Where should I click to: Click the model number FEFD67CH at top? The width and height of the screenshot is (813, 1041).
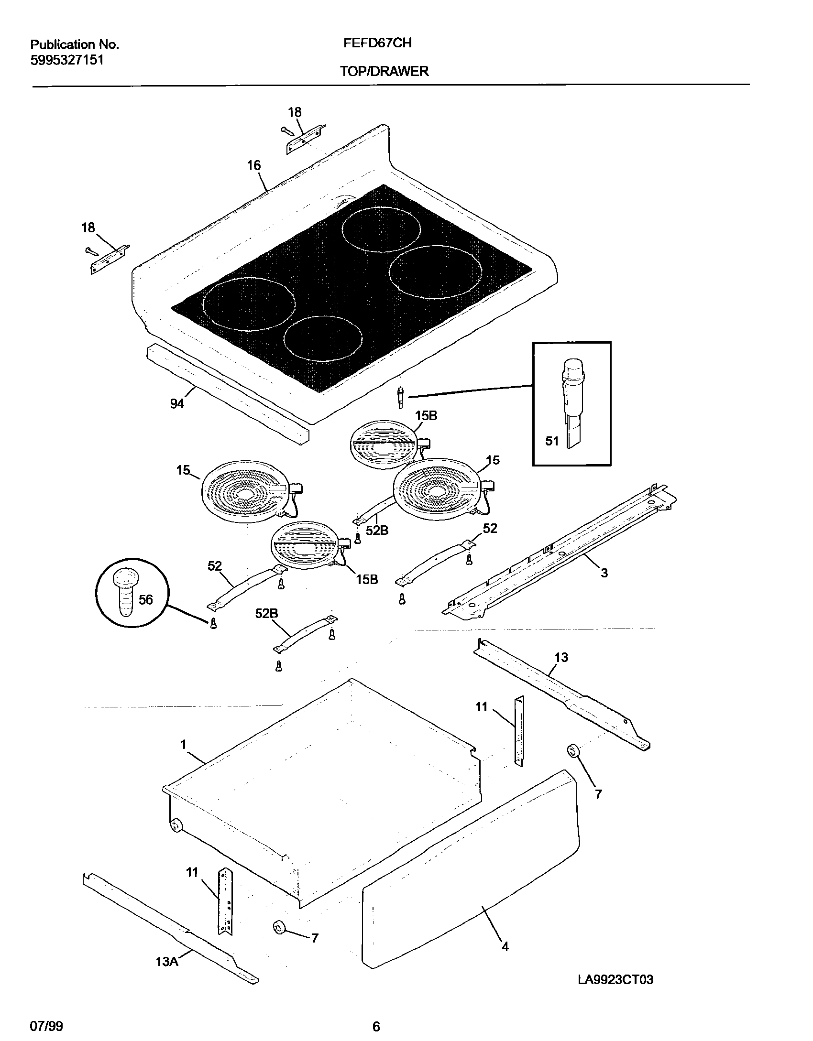(377, 43)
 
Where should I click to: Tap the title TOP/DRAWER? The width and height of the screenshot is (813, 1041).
(384, 72)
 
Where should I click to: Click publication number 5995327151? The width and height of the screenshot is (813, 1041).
(67, 61)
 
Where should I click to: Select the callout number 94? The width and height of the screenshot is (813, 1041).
(177, 404)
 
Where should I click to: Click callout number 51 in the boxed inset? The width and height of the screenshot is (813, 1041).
(552, 441)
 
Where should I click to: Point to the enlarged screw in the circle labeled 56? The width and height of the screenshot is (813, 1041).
(123, 591)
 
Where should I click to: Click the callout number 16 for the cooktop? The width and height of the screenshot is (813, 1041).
(254, 165)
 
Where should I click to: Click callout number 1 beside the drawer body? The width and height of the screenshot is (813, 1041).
(183, 744)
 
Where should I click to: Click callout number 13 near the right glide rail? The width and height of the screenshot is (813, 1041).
(561, 658)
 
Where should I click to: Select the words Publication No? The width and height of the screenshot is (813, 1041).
(75, 45)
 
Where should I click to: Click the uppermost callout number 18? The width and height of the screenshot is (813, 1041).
(295, 112)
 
